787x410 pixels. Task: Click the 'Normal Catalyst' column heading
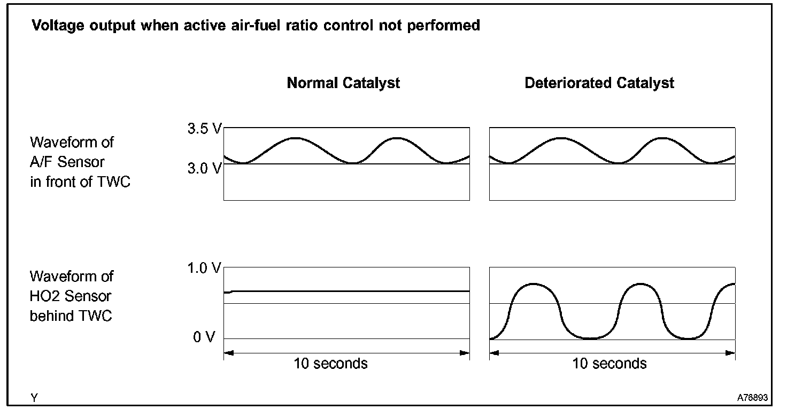(x=343, y=83)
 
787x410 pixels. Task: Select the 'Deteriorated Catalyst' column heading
(x=599, y=83)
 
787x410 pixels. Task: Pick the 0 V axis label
(x=204, y=337)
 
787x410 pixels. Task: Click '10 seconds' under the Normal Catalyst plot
(x=331, y=364)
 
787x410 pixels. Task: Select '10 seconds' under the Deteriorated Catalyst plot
(x=609, y=364)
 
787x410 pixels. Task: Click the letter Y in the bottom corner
(x=34, y=398)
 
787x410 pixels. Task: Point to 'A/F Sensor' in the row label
(x=67, y=162)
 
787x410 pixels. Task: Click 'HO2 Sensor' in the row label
(x=71, y=296)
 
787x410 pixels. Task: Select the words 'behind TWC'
(x=71, y=316)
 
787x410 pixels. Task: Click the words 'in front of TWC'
(x=80, y=182)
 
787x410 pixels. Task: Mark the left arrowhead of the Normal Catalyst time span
(x=228, y=352)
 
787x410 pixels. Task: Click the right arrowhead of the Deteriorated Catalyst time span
(x=731, y=352)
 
